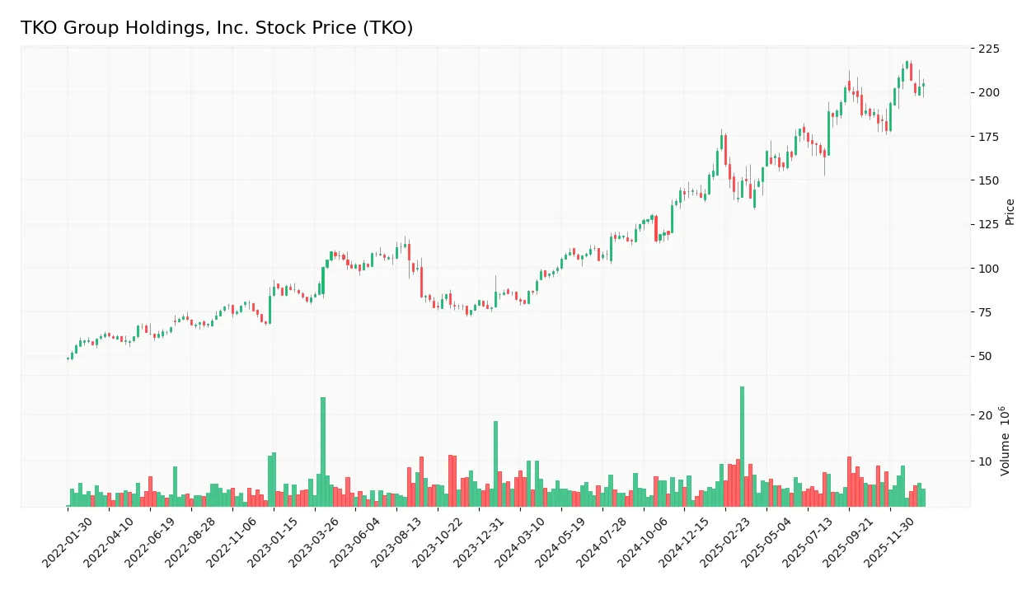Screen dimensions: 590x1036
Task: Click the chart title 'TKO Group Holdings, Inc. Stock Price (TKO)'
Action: click(x=217, y=28)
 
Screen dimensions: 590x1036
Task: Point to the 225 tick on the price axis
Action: click(x=989, y=49)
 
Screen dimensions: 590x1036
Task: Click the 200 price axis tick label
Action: click(x=989, y=92)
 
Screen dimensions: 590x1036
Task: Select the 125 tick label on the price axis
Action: click(x=989, y=225)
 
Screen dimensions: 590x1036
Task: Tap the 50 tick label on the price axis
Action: click(x=986, y=357)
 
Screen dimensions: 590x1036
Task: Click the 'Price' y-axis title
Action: click(x=1010, y=212)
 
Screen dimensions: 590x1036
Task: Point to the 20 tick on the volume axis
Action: click(x=984, y=415)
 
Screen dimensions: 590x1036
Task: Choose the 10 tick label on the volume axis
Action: click(x=984, y=461)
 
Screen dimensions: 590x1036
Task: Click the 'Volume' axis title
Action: click(x=1006, y=441)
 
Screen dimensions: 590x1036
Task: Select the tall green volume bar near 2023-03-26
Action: click(x=323, y=452)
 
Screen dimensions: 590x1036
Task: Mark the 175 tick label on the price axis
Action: click(x=989, y=137)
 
